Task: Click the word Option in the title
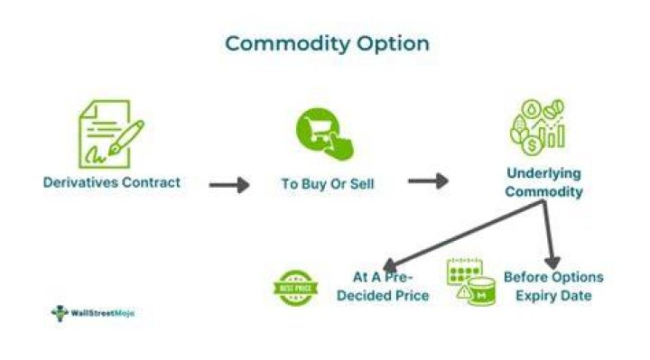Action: pyautogui.click(x=393, y=44)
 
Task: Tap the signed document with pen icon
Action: pyautogui.click(x=111, y=134)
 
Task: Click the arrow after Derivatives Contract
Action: pyautogui.click(x=229, y=185)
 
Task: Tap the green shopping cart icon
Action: pyautogui.click(x=325, y=134)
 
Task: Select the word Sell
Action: pyautogui.click(x=362, y=183)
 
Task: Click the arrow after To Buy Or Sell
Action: pyautogui.click(x=428, y=181)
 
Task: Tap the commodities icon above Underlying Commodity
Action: pyautogui.click(x=537, y=126)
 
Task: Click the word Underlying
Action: pyautogui.click(x=543, y=173)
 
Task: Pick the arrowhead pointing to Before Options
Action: pyautogui.click(x=552, y=263)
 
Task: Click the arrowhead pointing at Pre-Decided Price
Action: pyautogui.click(x=390, y=265)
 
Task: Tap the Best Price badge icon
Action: pyautogui.click(x=295, y=288)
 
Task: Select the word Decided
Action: pyautogui.click(x=363, y=295)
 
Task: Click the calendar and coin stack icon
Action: pyautogui.click(x=471, y=282)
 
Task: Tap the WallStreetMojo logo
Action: pyautogui.click(x=92, y=313)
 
